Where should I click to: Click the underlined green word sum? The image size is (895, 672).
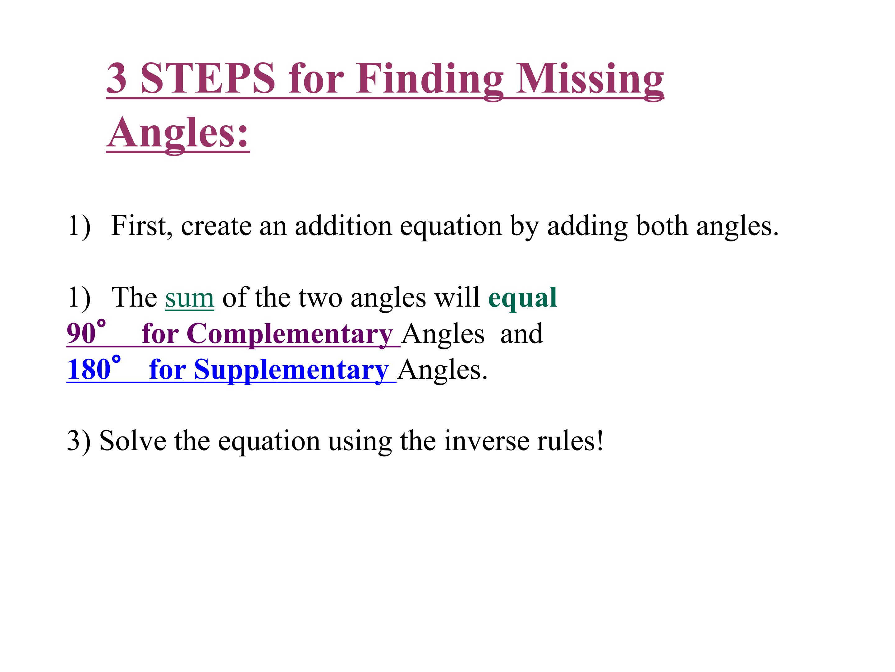(x=189, y=298)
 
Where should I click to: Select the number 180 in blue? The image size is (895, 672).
(x=89, y=369)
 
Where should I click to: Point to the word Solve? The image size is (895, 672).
(x=133, y=440)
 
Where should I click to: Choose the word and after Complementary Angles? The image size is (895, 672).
(x=521, y=334)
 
